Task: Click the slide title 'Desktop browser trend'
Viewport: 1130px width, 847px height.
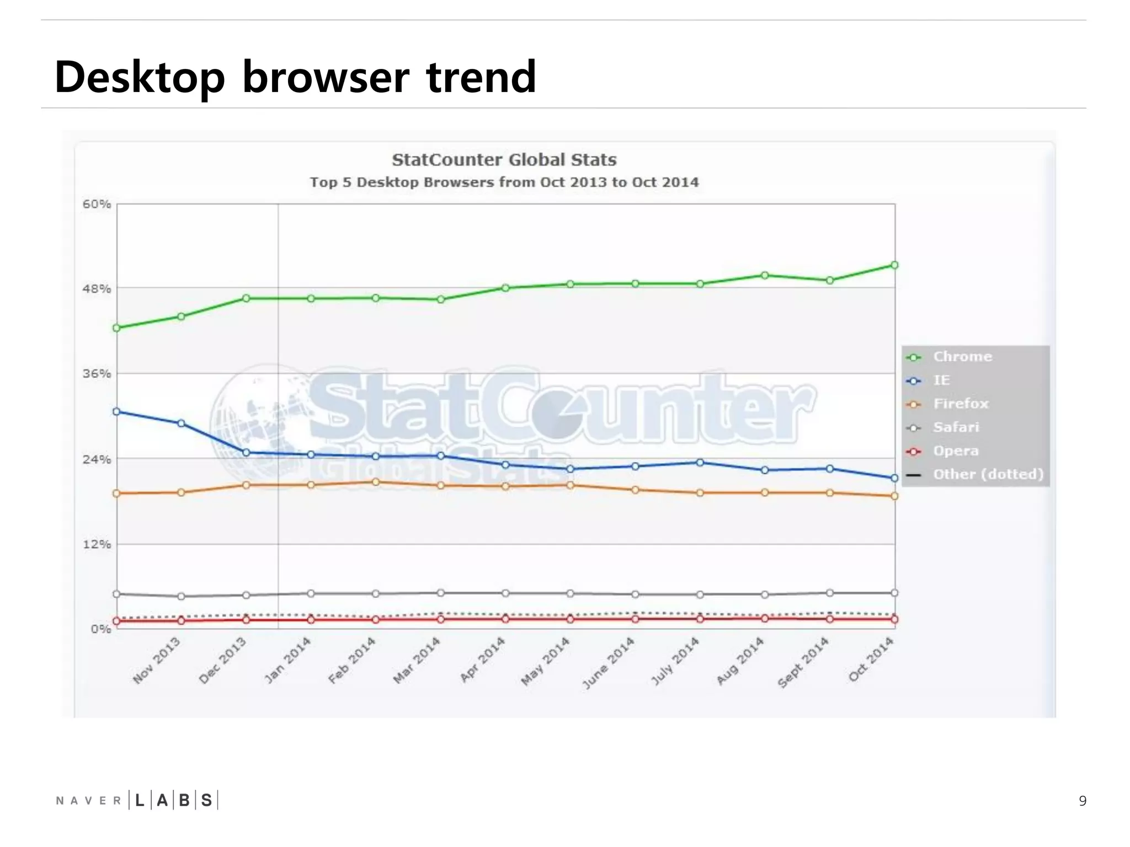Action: (x=295, y=77)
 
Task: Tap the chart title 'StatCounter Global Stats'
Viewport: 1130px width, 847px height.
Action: (x=504, y=160)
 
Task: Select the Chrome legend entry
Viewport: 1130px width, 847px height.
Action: (x=962, y=357)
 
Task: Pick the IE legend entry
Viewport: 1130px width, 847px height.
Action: (x=941, y=380)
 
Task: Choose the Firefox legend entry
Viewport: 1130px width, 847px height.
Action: (x=961, y=404)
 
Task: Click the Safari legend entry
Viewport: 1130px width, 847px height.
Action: (x=956, y=427)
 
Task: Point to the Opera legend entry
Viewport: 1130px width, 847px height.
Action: (x=956, y=451)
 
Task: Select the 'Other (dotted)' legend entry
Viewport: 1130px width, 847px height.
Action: (x=988, y=474)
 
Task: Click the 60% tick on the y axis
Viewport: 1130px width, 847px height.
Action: (x=97, y=204)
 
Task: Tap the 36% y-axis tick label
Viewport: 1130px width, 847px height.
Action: (x=97, y=374)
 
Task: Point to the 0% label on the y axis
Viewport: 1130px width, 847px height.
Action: (x=101, y=629)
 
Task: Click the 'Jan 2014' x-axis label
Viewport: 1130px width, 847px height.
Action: (x=287, y=660)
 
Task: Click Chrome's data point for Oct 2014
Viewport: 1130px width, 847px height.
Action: (x=894, y=265)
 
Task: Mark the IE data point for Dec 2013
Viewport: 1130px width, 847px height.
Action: (x=246, y=452)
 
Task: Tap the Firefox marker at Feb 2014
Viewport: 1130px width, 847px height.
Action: (x=376, y=482)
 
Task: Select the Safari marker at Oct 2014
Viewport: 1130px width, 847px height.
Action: (x=894, y=593)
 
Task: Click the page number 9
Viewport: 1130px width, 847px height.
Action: (x=1083, y=801)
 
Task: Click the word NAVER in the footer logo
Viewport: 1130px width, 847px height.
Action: (x=88, y=801)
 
